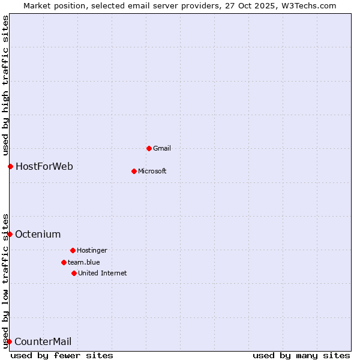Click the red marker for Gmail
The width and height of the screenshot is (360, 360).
149,148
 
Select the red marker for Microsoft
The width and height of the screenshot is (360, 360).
134,171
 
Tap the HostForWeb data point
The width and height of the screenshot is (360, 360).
10,166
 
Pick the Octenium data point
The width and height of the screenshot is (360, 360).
10,234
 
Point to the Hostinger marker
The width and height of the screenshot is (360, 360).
73,250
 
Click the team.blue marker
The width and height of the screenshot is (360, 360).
64,262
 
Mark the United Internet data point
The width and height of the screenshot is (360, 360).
74,273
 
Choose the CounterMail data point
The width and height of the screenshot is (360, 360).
9,342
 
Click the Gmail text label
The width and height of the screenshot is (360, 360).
162,148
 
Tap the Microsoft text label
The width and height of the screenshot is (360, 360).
152,171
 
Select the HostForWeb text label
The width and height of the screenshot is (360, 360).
44,166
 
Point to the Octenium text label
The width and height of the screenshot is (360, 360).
38,234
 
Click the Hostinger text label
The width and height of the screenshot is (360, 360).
92,250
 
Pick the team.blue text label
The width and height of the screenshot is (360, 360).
84,262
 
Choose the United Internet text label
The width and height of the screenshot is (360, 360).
103,273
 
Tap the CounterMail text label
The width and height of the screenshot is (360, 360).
43,342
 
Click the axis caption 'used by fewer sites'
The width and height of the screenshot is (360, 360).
62,355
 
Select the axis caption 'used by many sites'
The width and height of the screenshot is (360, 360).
301,355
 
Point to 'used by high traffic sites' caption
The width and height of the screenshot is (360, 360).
5,83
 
